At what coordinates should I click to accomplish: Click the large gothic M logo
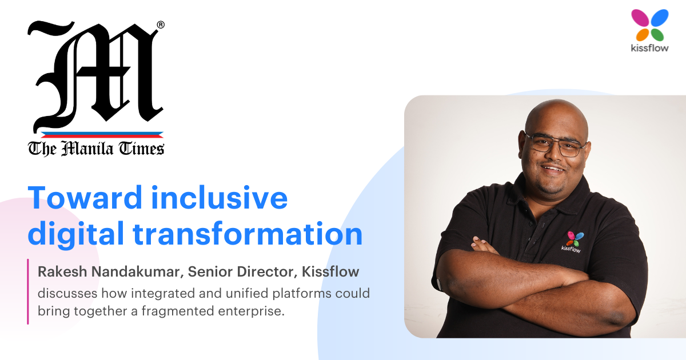click(x=95, y=75)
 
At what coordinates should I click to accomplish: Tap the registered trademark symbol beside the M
click(x=161, y=25)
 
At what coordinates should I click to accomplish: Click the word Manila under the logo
click(x=87, y=149)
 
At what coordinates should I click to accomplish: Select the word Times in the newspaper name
click(x=142, y=149)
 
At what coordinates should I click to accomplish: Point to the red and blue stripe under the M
click(x=102, y=135)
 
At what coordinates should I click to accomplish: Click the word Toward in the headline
click(x=85, y=198)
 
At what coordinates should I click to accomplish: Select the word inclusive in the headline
click(x=220, y=198)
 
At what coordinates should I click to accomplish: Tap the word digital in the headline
click(x=76, y=234)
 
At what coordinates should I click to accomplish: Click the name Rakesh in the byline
click(x=62, y=271)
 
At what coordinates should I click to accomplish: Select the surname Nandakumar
click(x=138, y=271)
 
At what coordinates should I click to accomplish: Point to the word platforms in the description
click(x=302, y=294)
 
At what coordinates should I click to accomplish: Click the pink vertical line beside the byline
click(x=28, y=291)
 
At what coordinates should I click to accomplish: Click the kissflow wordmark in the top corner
click(x=649, y=48)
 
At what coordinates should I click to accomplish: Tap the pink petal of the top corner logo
click(x=640, y=18)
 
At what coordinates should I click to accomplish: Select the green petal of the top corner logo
click(x=657, y=35)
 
